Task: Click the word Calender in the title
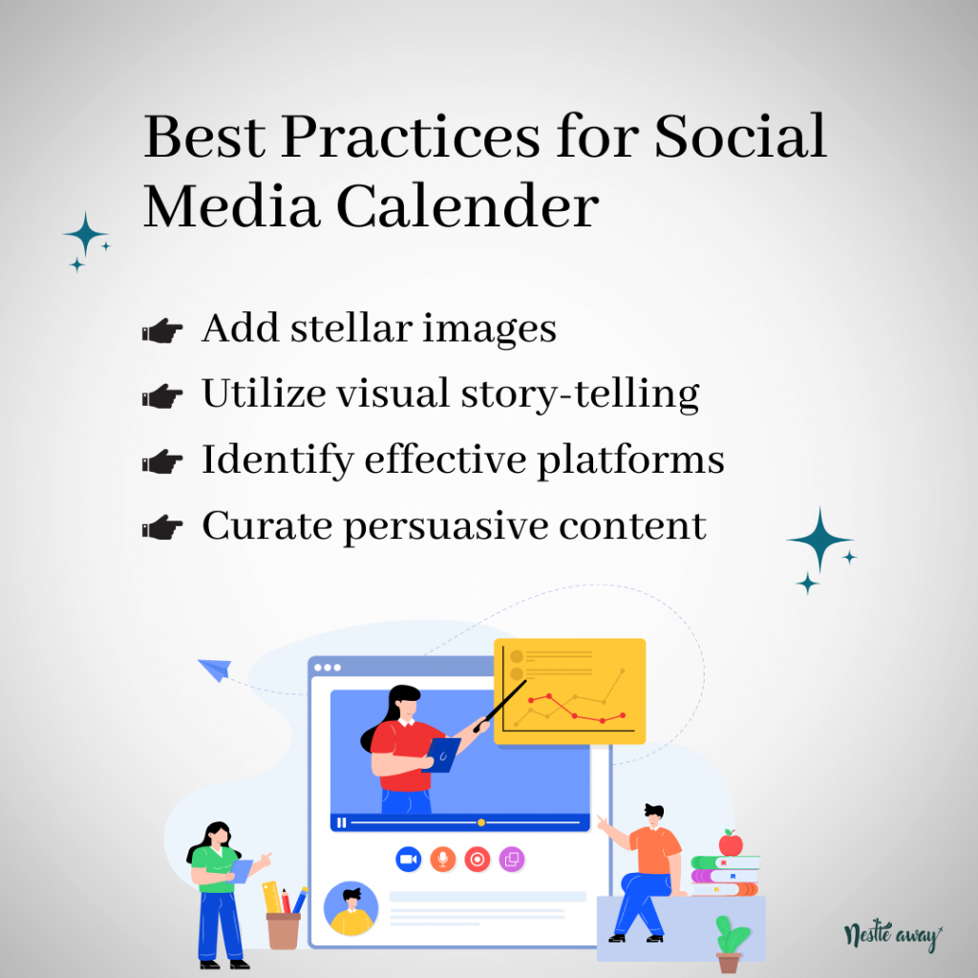pyautogui.click(x=467, y=206)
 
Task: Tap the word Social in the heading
pyautogui.click(x=740, y=136)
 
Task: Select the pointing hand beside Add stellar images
pyautogui.click(x=162, y=330)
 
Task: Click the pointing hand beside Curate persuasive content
pyautogui.click(x=162, y=527)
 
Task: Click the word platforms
pyautogui.click(x=630, y=460)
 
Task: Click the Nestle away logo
pyautogui.click(x=893, y=936)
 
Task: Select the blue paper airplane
pyautogui.click(x=215, y=670)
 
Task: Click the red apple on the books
pyautogui.click(x=731, y=844)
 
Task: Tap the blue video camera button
pyautogui.click(x=409, y=860)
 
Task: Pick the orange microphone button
pyautogui.click(x=443, y=860)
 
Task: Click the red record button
pyautogui.click(x=478, y=860)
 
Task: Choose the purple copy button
pyautogui.click(x=512, y=860)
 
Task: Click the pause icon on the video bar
pyautogui.click(x=341, y=822)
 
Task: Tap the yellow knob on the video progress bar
pyautogui.click(x=481, y=822)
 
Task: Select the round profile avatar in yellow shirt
pyautogui.click(x=351, y=908)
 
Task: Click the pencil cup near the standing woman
pyautogui.click(x=284, y=930)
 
